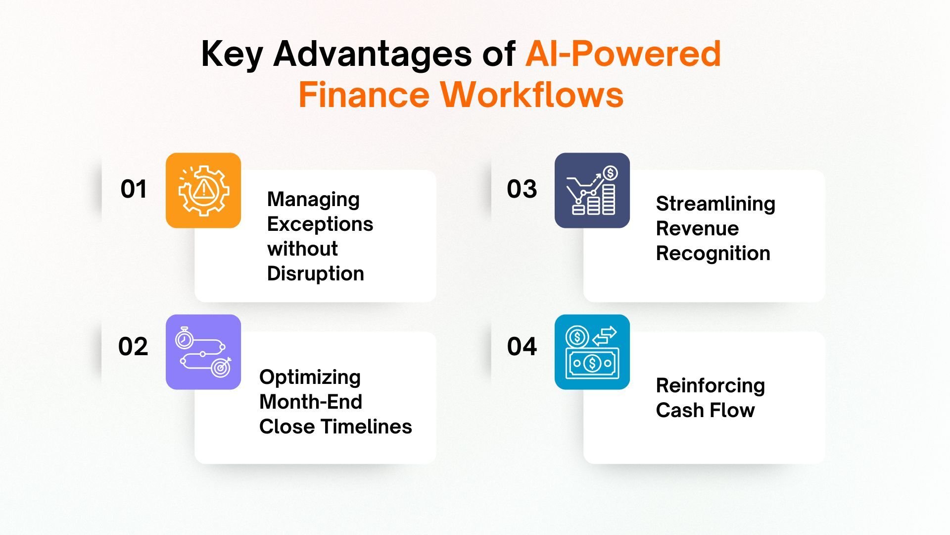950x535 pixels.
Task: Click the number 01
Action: pyautogui.click(x=134, y=189)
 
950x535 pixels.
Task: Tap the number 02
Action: pyautogui.click(x=133, y=346)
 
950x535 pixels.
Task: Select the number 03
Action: pyautogui.click(x=522, y=189)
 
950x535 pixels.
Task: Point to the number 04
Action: pyautogui.click(x=522, y=346)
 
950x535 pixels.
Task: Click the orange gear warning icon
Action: pyautogui.click(x=203, y=190)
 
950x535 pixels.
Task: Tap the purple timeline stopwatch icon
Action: pyautogui.click(x=203, y=352)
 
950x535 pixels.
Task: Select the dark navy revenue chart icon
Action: pyautogui.click(x=592, y=190)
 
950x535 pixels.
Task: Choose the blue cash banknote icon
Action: pyautogui.click(x=592, y=352)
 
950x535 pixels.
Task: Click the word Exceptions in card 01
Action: pyautogui.click(x=320, y=224)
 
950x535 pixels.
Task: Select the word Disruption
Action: pyautogui.click(x=315, y=273)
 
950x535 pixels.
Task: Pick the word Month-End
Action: pyautogui.click(x=310, y=402)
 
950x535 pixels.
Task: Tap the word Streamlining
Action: pyautogui.click(x=715, y=204)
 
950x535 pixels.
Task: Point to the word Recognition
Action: pyautogui.click(x=712, y=253)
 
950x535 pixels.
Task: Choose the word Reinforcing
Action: pyautogui.click(x=710, y=385)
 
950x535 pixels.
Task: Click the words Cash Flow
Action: pyautogui.click(x=705, y=410)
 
